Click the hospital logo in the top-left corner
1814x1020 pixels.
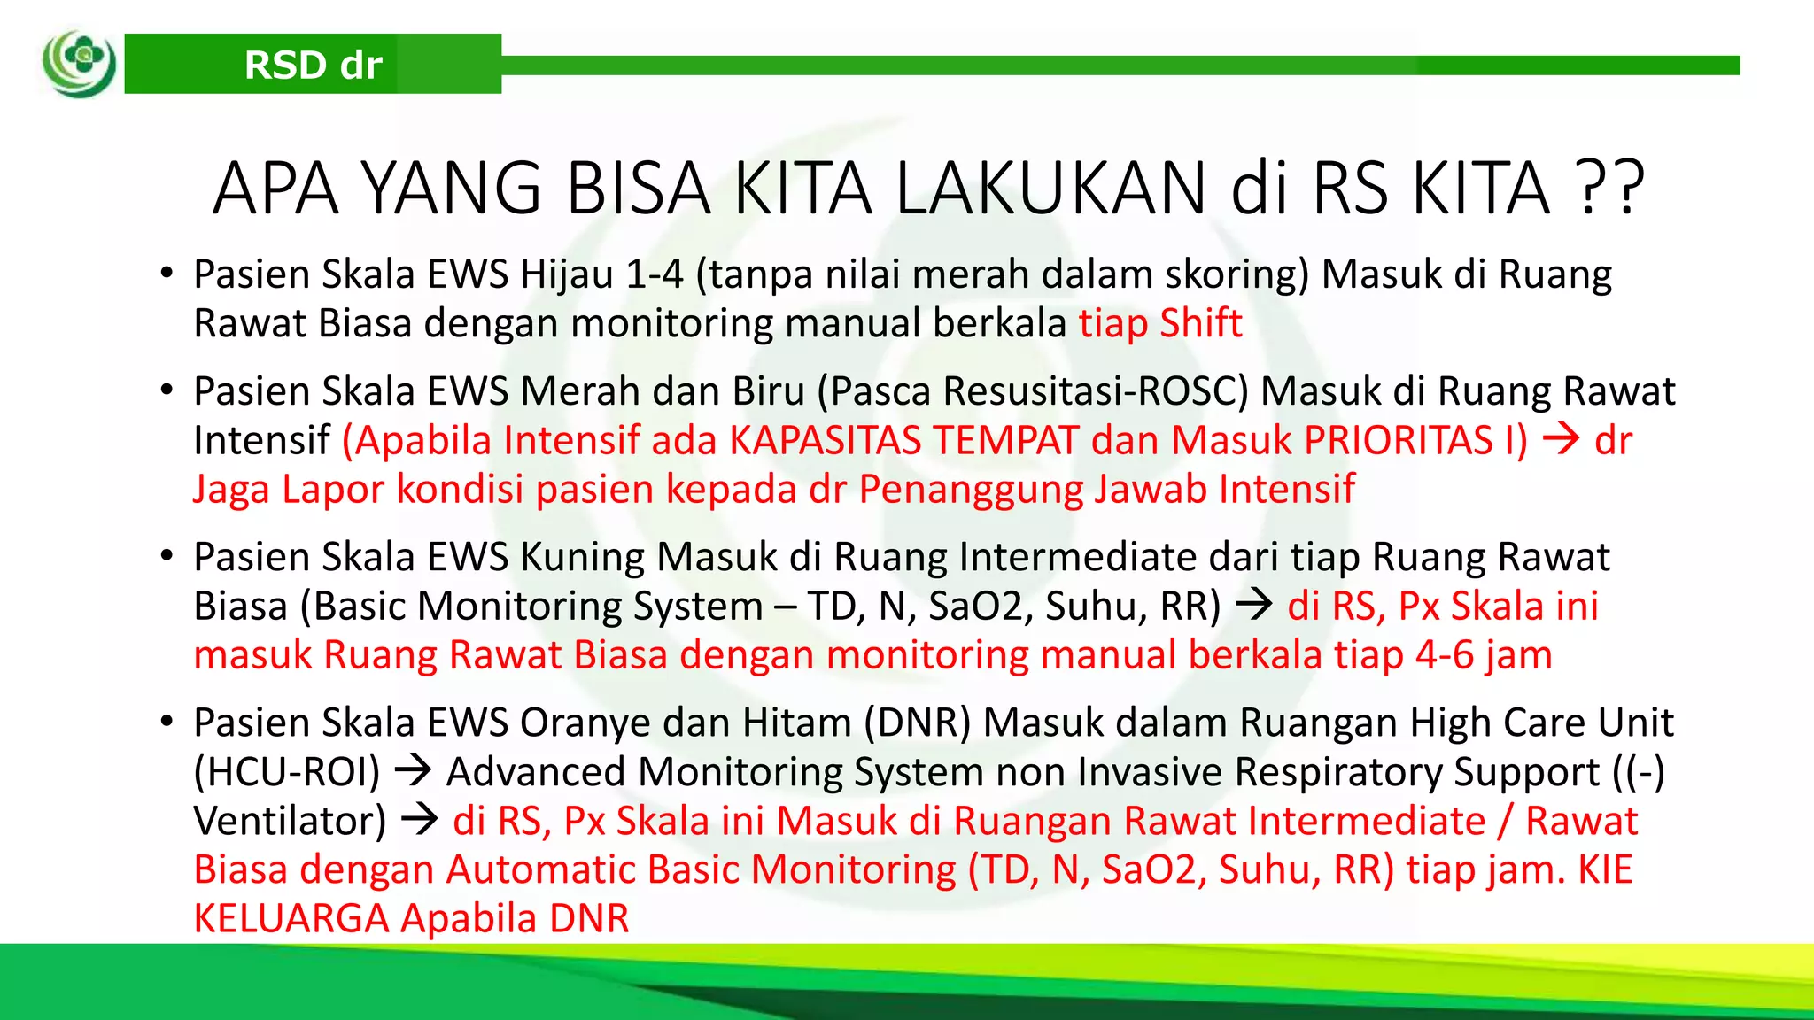(x=80, y=64)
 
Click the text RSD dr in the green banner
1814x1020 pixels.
(x=313, y=65)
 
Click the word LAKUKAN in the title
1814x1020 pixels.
(x=1050, y=189)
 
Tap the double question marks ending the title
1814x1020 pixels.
(x=1611, y=189)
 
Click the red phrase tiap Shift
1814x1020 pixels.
(x=1159, y=323)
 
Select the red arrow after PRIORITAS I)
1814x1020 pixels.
(x=1561, y=440)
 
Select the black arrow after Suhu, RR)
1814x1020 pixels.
(x=1253, y=607)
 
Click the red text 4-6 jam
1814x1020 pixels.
(x=1484, y=655)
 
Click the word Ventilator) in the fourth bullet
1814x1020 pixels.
(x=290, y=821)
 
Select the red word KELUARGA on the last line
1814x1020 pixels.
(x=291, y=918)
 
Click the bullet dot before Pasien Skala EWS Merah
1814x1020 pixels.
(x=167, y=390)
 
